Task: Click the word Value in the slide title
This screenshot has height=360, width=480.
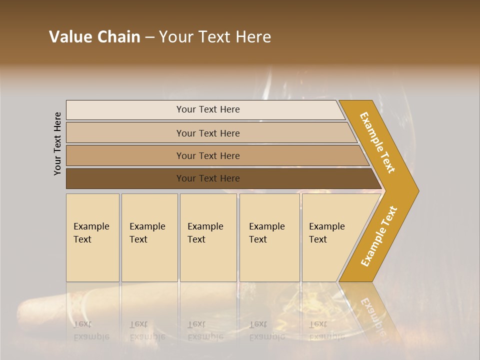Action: [70, 37]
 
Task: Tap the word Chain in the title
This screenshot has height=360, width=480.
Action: [118, 37]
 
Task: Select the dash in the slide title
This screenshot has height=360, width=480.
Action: [149, 37]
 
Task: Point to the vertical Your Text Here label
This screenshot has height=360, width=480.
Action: [58, 143]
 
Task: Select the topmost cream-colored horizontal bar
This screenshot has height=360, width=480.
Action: [205, 109]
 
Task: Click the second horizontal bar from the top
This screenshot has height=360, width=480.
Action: [210, 133]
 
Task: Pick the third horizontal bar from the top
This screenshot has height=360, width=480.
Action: [215, 155]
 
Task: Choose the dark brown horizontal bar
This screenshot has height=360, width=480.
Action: [220, 178]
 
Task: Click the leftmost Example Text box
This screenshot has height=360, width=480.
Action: [92, 237]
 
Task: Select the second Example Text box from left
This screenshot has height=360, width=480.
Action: [149, 237]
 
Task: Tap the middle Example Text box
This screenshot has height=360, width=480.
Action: [208, 237]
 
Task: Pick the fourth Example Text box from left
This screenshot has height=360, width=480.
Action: [269, 237]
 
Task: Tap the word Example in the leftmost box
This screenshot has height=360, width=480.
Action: [91, 226]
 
